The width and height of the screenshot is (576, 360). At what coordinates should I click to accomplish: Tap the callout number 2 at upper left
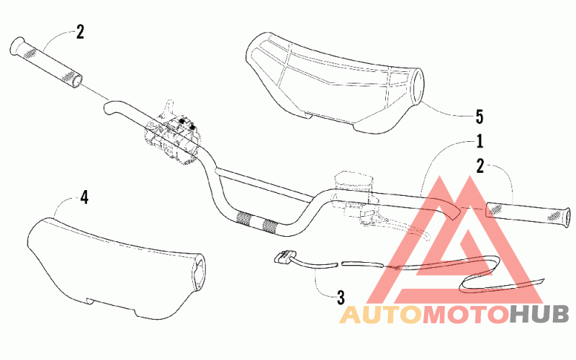point(79,31)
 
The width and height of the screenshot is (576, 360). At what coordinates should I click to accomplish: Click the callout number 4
point(84,197)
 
